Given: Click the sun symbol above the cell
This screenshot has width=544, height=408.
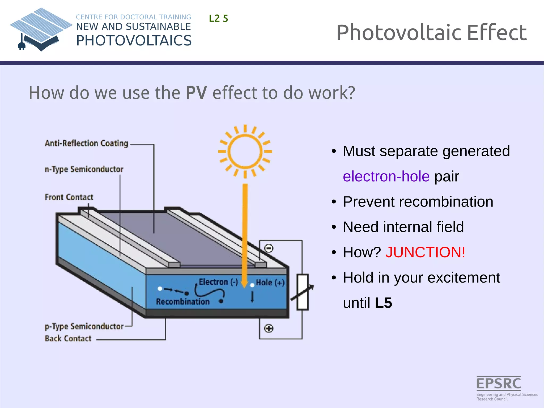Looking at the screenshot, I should pos(245,152).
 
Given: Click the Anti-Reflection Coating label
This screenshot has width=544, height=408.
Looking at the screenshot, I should pos(86,143).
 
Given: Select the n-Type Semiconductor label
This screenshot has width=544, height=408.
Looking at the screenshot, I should pos(84,169).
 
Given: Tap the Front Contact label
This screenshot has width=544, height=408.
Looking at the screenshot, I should pos(69,197).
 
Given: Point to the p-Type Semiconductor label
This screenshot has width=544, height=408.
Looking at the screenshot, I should pos(84,326).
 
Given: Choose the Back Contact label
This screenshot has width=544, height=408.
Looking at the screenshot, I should pos(68,339).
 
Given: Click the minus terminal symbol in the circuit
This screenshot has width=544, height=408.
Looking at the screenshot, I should pos(269,249).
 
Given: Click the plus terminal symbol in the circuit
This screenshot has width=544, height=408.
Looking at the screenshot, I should pos(269,329).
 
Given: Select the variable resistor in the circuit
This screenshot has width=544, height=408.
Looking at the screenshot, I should pos(302,292).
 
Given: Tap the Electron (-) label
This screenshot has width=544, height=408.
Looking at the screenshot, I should pos(218,282).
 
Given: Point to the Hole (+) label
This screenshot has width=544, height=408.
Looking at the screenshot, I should pos(270,283).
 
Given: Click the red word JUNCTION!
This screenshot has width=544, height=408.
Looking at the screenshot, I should pos(425,252).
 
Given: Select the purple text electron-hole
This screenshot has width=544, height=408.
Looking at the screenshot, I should pos(386,176).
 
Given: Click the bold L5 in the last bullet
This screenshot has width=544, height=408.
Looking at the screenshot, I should pos(383,303).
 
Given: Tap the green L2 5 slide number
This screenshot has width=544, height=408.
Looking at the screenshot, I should pos(218,19).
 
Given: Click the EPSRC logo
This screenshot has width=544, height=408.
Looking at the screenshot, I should pos(499,383).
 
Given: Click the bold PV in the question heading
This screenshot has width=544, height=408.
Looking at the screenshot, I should pos(196,93).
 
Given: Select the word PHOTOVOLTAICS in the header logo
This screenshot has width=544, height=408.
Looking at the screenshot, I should pos(134,41).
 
